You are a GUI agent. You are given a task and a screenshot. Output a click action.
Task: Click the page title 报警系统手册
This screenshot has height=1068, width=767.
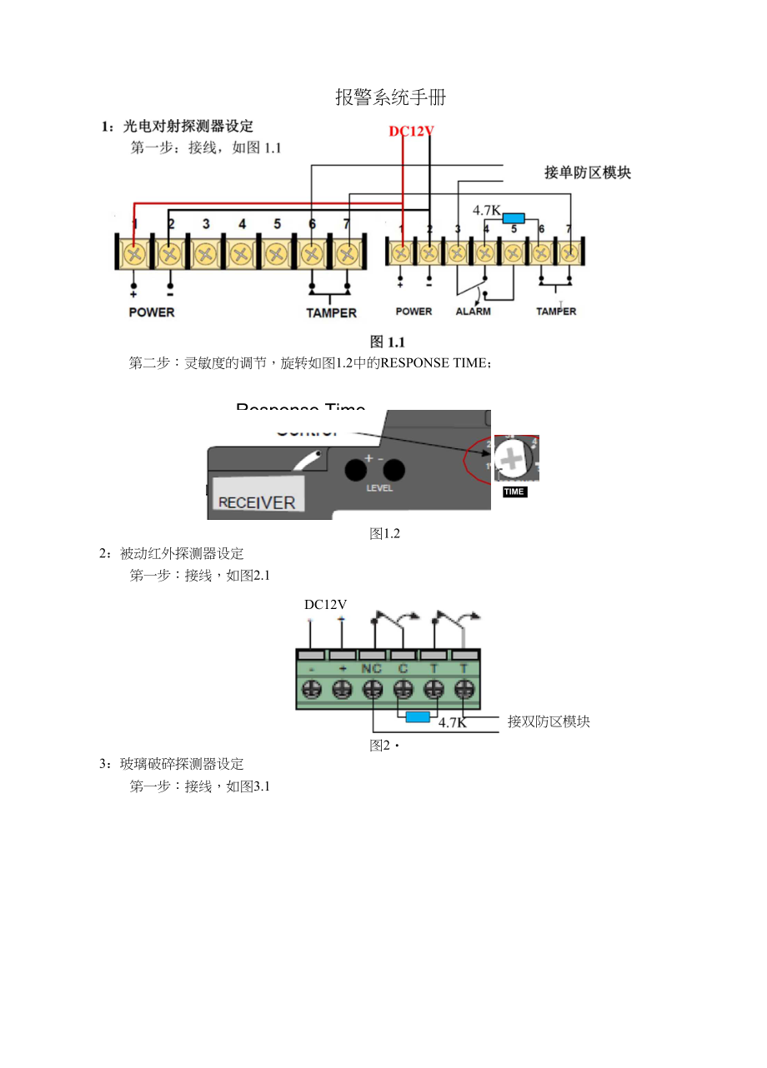coord(390,97)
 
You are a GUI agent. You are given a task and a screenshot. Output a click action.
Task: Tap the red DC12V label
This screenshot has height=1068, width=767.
coord(412,131)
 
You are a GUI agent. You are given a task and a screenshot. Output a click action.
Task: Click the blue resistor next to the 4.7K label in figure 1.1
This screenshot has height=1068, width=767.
coord(514,218)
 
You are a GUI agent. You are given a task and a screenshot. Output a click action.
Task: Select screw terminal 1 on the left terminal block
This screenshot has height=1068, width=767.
coord(134,252)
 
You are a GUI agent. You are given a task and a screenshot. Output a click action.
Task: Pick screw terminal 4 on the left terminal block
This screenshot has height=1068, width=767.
coord(242,252)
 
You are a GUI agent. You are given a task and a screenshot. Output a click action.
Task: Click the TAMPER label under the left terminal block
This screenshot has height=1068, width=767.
coord(331,313)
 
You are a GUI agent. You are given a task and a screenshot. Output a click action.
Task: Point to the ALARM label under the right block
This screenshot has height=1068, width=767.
coord(473,312)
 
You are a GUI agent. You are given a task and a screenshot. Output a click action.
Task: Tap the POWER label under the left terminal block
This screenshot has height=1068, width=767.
coord(152,312)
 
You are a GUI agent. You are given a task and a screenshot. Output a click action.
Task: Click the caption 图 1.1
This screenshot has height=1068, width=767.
coord(387,342)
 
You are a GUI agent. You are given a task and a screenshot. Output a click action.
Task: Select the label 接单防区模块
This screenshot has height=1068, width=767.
coord(588,172)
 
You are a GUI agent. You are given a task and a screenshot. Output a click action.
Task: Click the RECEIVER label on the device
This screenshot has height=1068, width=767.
coord(257,502)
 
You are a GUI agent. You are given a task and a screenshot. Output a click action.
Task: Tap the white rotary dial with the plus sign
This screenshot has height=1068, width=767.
coord(510,458)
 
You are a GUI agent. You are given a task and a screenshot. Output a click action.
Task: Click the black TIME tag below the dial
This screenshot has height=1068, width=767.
coord(514,492)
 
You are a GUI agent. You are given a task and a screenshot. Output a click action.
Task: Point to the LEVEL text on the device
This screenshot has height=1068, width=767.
coord(379,488)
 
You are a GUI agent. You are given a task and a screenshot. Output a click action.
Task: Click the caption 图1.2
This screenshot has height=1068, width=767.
coord(385,534)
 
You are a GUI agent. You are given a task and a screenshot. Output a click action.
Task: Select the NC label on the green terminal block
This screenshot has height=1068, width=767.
coord(372,669)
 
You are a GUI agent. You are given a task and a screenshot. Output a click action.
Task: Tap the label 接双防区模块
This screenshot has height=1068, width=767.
coord(549,721)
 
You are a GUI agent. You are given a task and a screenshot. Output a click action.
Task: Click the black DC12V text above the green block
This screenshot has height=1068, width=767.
coord(325,605)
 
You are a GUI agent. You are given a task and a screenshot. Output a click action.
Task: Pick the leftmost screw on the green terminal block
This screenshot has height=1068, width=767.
coord(311,690)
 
